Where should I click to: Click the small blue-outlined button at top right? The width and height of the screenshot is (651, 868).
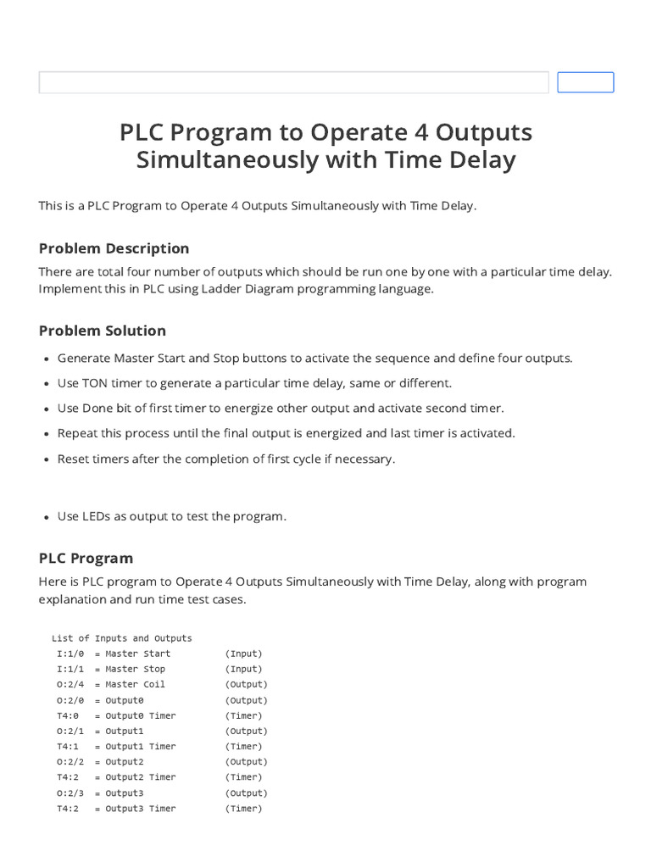585,82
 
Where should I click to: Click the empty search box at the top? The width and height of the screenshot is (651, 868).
293,82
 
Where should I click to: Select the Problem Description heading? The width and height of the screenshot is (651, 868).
114,248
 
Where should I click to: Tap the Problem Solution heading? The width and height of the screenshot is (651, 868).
102,331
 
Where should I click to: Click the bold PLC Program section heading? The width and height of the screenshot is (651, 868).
86,558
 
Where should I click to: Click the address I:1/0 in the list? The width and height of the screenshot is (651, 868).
70,654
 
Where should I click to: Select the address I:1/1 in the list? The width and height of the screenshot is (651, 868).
70,669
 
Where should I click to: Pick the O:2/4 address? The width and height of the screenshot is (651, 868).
70,684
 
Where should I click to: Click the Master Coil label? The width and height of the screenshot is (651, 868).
135,684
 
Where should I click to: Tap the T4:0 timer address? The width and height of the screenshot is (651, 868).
68,715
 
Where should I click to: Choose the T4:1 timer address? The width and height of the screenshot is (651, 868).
68,747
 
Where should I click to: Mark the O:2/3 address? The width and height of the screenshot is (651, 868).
70,793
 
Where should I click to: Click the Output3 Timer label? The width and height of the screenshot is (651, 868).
140,809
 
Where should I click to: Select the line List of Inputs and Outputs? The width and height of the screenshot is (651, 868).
121,638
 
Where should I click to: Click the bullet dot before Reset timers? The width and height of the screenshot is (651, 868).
44,459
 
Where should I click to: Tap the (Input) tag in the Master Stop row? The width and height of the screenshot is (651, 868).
243,669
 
